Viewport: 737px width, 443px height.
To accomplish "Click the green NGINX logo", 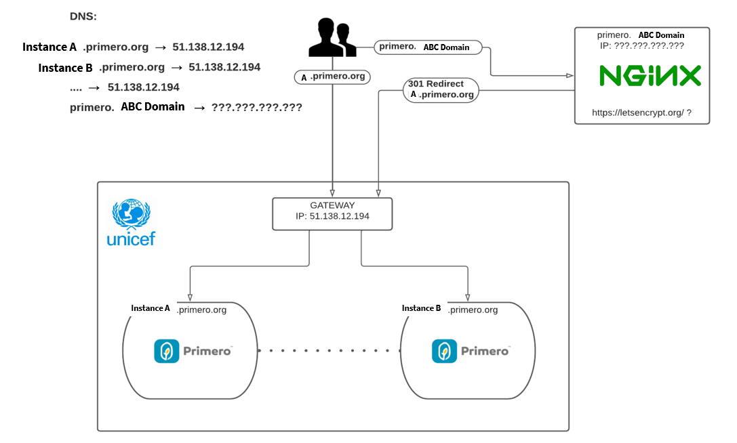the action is coord(650,76).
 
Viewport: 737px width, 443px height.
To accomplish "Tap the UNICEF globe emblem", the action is coord(131,214).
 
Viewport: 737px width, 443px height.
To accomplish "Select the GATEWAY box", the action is coord(332,214).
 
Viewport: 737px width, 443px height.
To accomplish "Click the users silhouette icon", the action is coord(332,37).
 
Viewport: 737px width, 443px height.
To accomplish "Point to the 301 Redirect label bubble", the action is coord(441,89).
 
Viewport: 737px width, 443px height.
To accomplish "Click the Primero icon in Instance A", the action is coord(166,351).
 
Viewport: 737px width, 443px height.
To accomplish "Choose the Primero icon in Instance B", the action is coord(444,351).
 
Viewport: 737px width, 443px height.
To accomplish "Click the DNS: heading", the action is coord(83,16).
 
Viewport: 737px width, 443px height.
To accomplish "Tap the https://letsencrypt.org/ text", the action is coord(638,112).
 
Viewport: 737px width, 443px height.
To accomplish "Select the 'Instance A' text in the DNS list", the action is coord(49,47).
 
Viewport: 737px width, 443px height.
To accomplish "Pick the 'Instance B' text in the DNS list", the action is coord(65,68).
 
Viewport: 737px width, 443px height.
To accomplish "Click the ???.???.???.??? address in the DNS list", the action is coord(257,107).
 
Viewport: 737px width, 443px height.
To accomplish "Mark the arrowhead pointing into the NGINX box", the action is coord(570,75).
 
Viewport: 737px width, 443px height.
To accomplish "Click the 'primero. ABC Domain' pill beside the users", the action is coord(429,47).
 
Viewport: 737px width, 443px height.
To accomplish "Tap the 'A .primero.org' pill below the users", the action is coord(332,77).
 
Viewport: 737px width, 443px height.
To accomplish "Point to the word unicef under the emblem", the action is coord(131,238).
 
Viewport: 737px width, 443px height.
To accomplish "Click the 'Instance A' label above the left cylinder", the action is coord(151,308).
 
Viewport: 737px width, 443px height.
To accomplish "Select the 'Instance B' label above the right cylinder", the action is coord(421,308).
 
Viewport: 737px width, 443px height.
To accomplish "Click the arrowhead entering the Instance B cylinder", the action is coord(468,297).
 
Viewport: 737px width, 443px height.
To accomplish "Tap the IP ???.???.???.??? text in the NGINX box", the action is coord(642,46).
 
